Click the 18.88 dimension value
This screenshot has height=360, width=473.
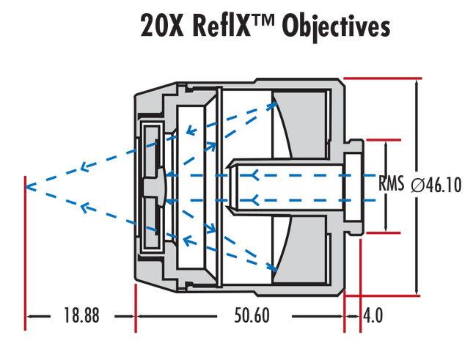[81, 315]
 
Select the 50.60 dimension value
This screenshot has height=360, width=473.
[252, 315]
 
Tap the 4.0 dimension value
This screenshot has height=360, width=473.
[373, 315]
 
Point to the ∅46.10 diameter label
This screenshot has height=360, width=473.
[436, 185]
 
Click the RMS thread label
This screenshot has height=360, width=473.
[392, 183]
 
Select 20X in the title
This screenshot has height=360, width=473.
[162, 26]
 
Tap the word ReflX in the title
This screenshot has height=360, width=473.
[221, 26]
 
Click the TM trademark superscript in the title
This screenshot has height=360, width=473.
[263, 21]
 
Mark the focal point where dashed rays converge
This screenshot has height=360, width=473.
[26, 187]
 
